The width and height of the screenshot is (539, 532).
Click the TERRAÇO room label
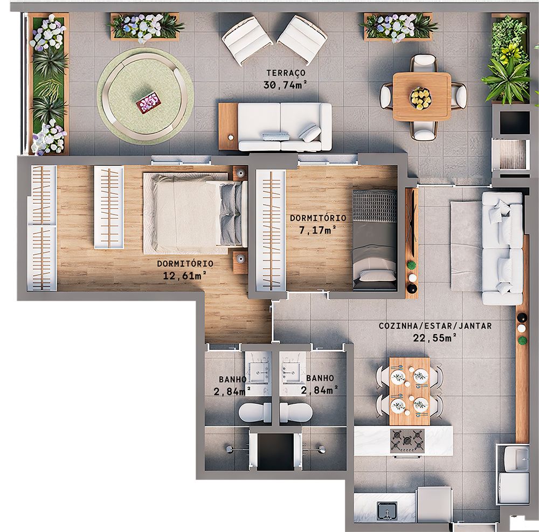286,73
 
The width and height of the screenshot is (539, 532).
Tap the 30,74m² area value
286,85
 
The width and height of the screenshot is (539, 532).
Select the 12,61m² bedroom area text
185,276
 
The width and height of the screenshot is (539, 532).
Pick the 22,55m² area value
435,338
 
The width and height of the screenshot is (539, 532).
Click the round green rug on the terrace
145,96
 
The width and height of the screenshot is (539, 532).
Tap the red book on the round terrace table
149,102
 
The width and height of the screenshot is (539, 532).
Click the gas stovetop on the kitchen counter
407,440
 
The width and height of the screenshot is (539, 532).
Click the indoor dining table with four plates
410,390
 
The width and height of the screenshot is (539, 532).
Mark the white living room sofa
502,248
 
